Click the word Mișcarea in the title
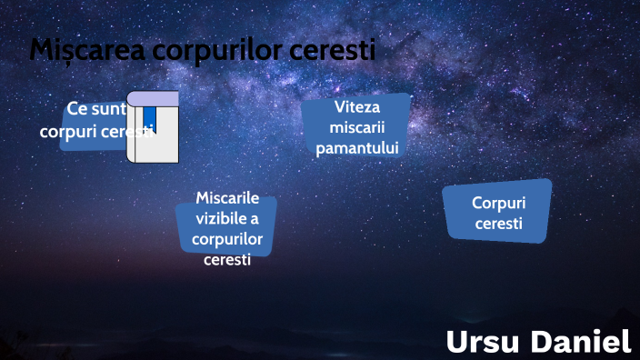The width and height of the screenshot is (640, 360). [87, 50]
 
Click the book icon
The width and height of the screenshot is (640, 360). [153, 127]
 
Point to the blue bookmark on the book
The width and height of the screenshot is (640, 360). [149, 119]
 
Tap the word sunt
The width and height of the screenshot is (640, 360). [108, 110]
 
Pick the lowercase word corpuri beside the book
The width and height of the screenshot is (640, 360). [69, 131]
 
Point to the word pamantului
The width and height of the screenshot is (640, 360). [357, 147]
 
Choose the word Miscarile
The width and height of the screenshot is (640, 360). [227, 199]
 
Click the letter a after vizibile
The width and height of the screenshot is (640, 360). [255, 219]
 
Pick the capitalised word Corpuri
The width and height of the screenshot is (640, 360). [499, 203]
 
